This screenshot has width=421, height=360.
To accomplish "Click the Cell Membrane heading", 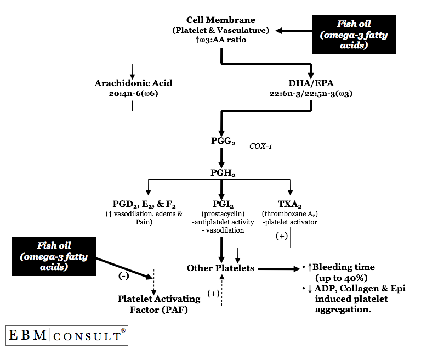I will coord(221,20).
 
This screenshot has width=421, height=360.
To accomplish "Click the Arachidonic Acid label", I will coord(134,83).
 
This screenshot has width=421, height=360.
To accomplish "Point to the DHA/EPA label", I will coord(311,83).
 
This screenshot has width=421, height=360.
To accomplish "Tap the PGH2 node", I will coord(221,173).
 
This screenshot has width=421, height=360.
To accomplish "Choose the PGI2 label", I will coord(221,203).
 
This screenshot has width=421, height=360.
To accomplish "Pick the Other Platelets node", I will coord(220,268).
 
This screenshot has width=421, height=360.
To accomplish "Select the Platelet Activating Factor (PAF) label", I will coord(151,304).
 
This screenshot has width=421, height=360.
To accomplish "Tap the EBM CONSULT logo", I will coord(66,335).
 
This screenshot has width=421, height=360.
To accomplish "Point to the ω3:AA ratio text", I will coord(221,40).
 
